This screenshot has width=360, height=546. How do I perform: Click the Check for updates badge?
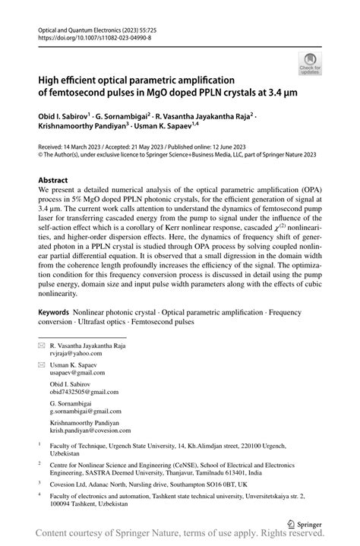click(311, 64)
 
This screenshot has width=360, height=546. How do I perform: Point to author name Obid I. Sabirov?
click(64, 116)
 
